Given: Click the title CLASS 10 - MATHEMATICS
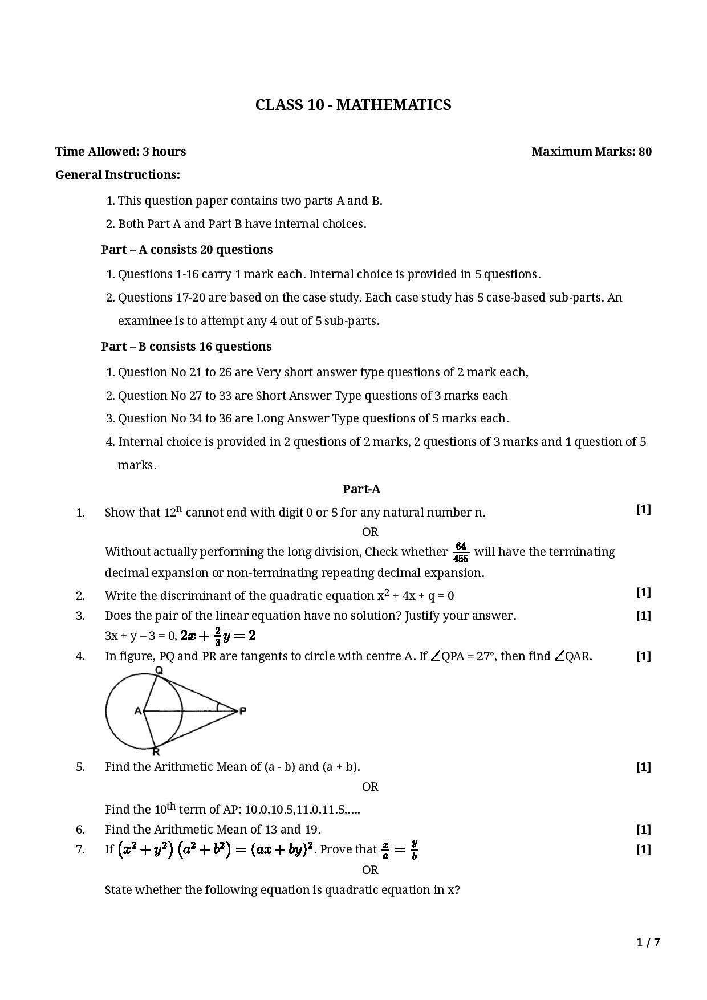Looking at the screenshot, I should point(353,105).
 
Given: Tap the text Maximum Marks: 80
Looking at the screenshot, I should point(591,152).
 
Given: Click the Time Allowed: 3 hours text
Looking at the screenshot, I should point(120,152).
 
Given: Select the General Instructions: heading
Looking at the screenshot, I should point(117,175).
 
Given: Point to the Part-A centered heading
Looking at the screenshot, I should point(361,489).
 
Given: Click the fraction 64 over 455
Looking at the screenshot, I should point(461,552).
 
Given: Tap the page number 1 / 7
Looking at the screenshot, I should point(648,942).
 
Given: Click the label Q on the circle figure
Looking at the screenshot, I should point(159,670).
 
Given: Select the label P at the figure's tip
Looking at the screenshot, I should point(242,711).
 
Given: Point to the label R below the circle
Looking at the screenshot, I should point(156,752).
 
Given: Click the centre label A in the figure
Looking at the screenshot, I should point(137,711).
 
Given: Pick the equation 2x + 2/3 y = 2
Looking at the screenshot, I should point(218,635).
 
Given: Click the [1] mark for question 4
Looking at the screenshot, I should point(643,656).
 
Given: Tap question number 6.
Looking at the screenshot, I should point(80,830).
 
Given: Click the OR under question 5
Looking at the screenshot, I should point(370,787).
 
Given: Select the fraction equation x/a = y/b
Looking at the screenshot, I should point(400,849).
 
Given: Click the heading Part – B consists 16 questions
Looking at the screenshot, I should point(186,347).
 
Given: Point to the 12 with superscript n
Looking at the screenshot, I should point(173,511).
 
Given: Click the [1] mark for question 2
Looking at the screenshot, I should point(643,593).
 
